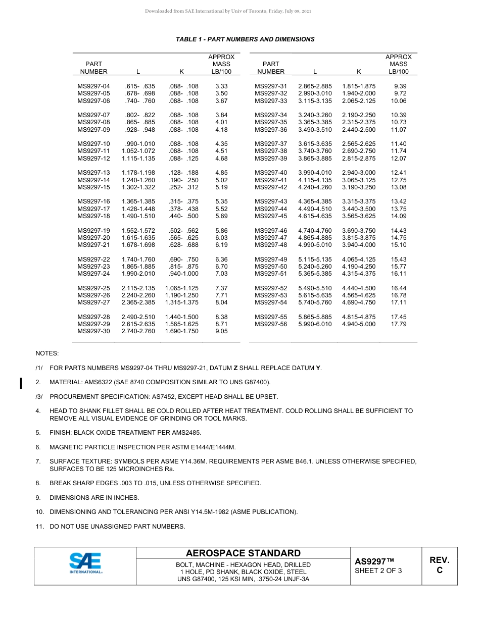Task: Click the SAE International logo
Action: (85, 563)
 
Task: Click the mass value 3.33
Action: (221, 86)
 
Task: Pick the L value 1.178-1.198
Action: (138, 173)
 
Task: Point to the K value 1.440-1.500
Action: (182, 317)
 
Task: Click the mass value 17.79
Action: (399, 324)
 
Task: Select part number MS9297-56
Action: (271, 324)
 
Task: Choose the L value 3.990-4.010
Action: (315, 173)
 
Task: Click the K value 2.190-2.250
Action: (359, 115)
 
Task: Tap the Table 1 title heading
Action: (245, 39)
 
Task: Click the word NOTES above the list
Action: (47, 353)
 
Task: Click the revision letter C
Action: (440, 571)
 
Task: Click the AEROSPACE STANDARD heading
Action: (243, 553)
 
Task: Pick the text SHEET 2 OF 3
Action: (378, 571)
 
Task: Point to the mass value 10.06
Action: (399, 101)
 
